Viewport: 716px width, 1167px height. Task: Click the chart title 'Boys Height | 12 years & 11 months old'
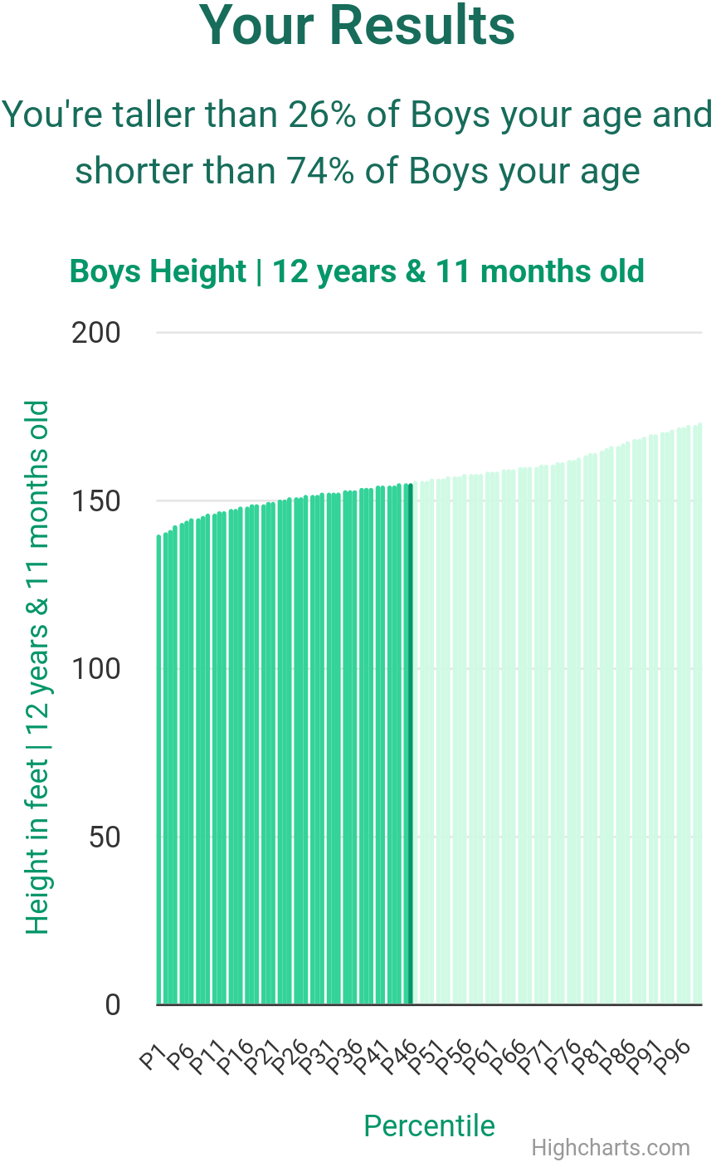coord(357,271)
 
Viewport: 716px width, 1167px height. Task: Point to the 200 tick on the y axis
coord(96,333)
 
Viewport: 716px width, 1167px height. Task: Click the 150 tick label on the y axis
coord(96,501)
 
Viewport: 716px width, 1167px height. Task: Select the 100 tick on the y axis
coord(96,669)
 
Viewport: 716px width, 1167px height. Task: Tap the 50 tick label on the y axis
coord(106,837)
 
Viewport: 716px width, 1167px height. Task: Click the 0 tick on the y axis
coord(114,1005)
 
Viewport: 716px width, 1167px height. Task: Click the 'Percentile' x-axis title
coord(429,1125)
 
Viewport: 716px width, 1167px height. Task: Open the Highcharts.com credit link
coord(610,1148)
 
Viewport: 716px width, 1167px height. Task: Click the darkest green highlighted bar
coord(410,747)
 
